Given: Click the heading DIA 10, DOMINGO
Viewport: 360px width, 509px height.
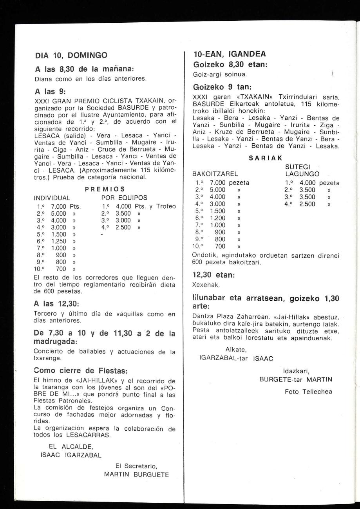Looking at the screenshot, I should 71,56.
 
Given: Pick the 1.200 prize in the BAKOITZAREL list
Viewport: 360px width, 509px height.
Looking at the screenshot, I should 218,218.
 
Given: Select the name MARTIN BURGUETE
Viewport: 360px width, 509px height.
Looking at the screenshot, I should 136,475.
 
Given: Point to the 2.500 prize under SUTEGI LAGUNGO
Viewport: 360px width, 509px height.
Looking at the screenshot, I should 307,204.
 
